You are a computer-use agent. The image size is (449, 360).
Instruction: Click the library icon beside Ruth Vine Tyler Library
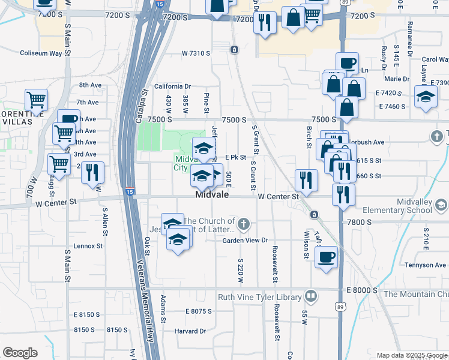coord(311,296)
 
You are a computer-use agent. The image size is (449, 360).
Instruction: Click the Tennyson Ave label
coord(425,265)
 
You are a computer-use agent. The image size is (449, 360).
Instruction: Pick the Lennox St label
coord(88,246)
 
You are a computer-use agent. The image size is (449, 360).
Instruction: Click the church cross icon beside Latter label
coord(243,225)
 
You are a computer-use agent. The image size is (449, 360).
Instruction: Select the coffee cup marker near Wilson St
coord(326,256)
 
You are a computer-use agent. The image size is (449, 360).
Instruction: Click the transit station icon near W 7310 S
coord(234,49)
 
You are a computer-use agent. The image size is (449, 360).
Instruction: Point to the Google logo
coord(20,353)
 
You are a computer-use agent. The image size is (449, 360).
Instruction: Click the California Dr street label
coord(172,86)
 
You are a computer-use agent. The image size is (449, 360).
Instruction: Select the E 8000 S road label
coord(362,290)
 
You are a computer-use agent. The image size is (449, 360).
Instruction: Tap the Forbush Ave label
coord(366,143)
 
